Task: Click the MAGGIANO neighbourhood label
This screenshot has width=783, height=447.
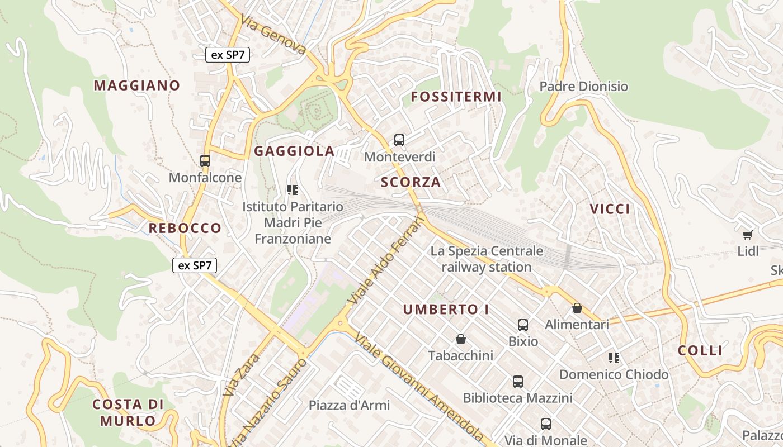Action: point(136,85)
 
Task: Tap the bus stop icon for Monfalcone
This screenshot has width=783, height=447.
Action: point(205,161)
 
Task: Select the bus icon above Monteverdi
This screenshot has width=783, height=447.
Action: point(399,140)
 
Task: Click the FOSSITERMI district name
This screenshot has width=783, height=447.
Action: point(456,97)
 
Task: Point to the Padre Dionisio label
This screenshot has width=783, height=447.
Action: point(583,87)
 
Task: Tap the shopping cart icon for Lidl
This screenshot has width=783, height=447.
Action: point(748,235)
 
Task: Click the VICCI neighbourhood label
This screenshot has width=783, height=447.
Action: point(610,209)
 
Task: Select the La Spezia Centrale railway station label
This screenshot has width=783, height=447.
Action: point(487,259)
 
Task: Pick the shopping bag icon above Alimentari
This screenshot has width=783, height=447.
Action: point(577,308)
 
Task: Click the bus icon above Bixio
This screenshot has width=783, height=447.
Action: point(523,325)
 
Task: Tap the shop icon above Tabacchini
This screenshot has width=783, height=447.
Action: point(461,339)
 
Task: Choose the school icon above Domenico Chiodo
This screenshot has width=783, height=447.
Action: point(614,358)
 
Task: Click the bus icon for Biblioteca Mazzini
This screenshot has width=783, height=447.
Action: point(518,382)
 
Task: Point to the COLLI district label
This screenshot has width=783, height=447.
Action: point(700,350)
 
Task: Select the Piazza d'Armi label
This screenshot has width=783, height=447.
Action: point(349,405)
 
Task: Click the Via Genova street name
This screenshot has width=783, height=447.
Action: point(273,35)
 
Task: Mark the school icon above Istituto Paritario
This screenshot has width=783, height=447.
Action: point(293,190)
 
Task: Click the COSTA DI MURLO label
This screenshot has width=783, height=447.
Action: point(128,412)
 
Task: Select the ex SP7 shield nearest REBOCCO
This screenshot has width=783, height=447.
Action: point(194,265)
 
